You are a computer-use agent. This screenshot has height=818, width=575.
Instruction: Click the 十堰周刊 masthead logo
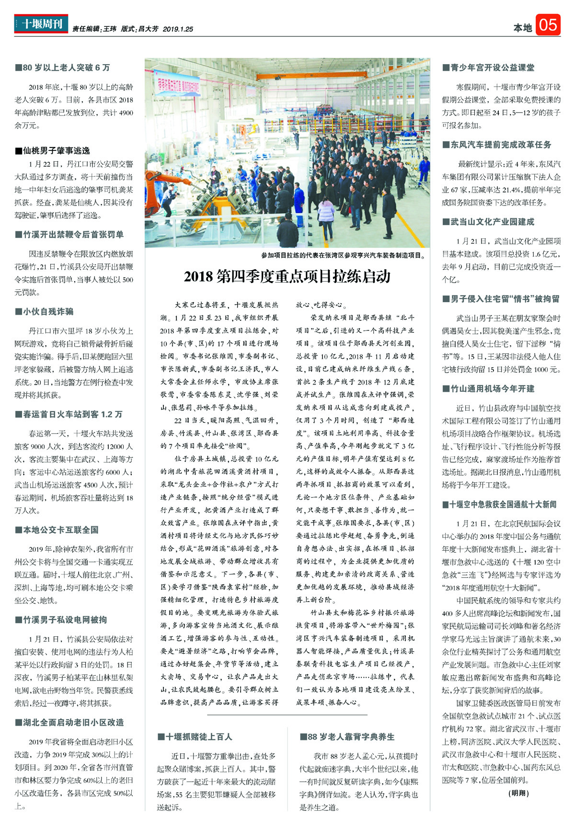tap(41, 24)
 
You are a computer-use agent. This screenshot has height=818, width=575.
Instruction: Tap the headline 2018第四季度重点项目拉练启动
tap(287, 276)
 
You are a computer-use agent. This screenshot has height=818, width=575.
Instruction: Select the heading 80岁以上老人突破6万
tap(63, 68)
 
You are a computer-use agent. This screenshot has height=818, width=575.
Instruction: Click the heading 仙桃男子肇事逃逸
tap(53, 151)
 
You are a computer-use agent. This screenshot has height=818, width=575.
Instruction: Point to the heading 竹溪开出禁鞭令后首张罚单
tap(69, 235)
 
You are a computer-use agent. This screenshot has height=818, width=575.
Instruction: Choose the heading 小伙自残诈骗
tap(45, 312)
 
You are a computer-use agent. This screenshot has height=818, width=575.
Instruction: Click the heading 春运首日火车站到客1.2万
tap(69, 414)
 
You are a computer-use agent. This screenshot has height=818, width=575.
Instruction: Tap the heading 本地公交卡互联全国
tap(57, 530)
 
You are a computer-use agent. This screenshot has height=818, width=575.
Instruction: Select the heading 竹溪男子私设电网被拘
tap(61, 620)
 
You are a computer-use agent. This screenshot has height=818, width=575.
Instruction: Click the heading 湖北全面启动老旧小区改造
tap(69, 723)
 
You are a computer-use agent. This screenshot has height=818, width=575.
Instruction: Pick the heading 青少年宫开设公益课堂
tap(488, 68)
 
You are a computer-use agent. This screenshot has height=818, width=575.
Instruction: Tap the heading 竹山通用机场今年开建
tap(488, 388)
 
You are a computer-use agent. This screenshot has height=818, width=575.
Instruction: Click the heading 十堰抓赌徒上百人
tap(195, 737)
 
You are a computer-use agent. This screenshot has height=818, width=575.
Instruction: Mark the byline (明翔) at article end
tap(519, 793)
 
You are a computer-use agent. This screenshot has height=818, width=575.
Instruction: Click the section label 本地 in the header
tap(522, 28)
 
